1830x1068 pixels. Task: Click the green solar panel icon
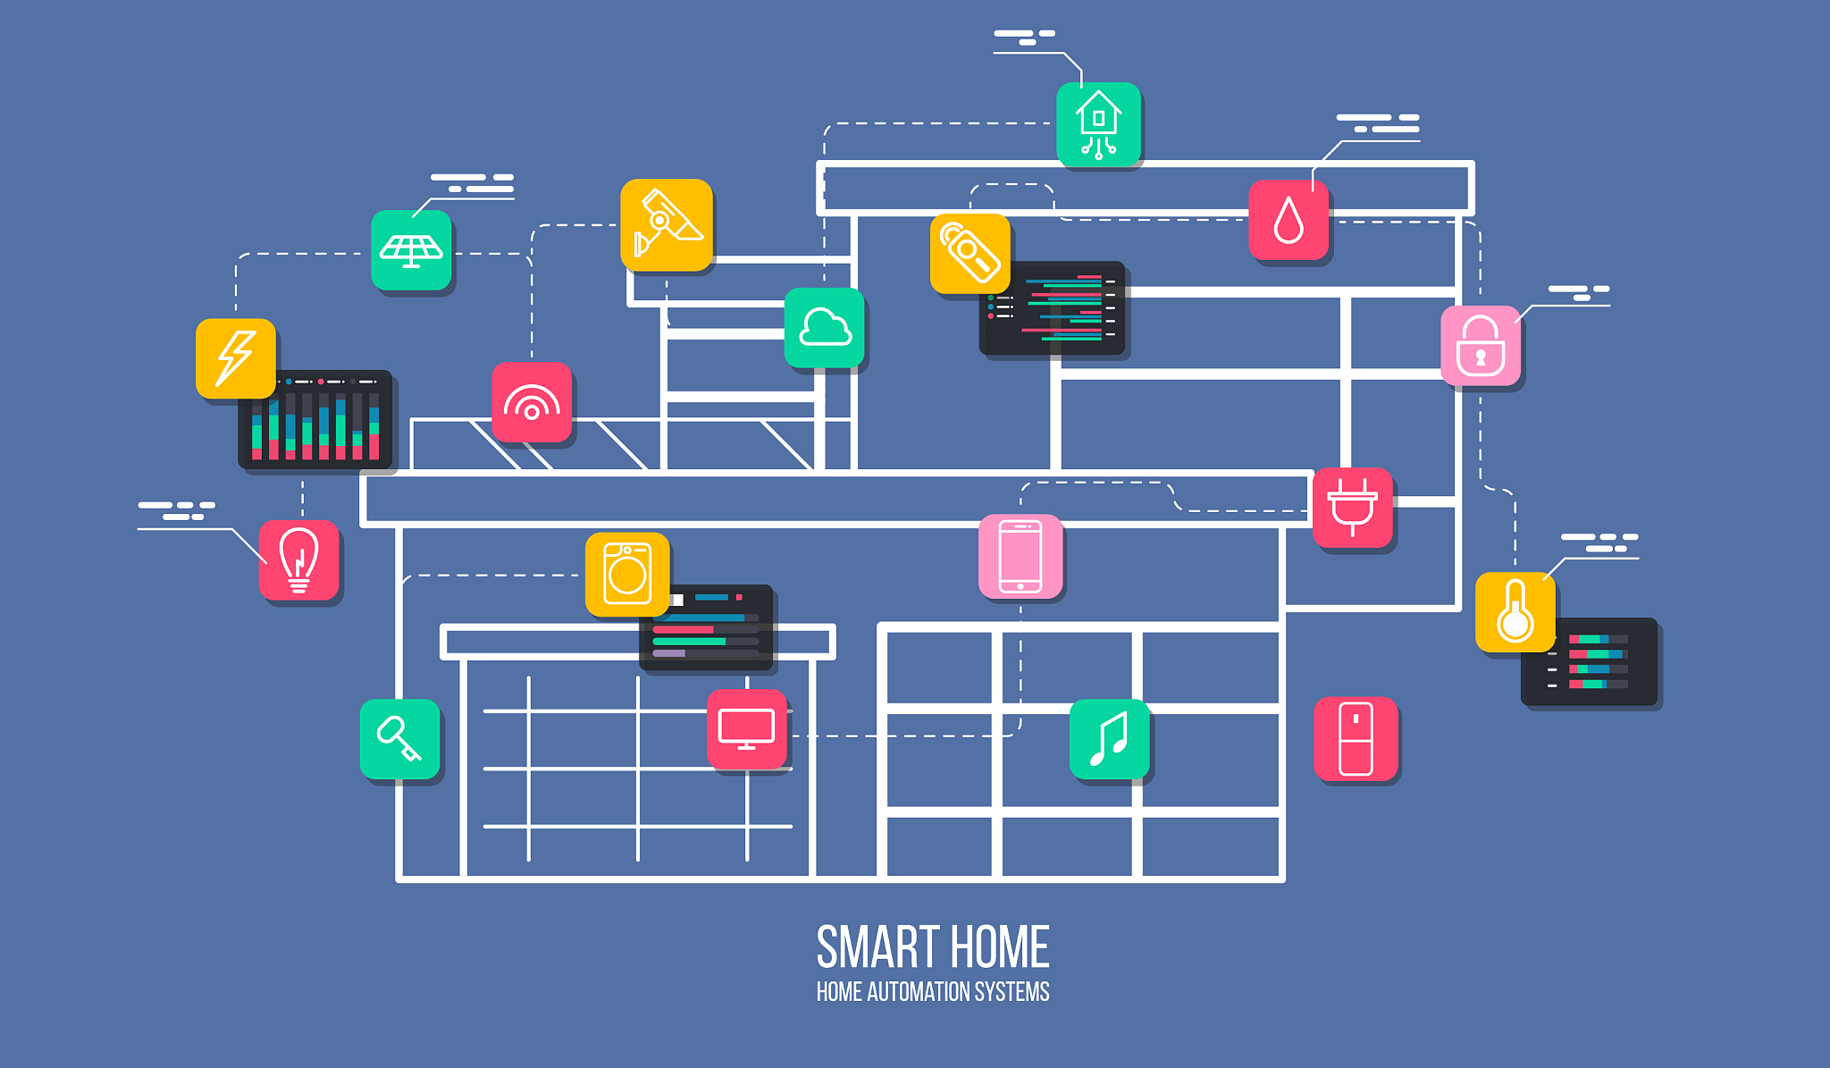pos(411,250)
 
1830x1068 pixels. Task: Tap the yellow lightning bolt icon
pos(236,358)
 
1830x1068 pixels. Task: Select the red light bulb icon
pos(299,560)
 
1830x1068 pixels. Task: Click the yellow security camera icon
pos(667,224)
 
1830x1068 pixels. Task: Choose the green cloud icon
pos(825,328)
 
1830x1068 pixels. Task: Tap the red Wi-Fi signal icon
pos(532,402)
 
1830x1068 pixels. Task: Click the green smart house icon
pos(1099,124)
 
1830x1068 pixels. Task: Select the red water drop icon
pos(1289,220)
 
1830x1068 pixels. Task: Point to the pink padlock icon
pos(1481,346)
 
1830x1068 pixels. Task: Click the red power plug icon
pos(1353,508)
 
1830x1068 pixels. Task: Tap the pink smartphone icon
pos(1020,556)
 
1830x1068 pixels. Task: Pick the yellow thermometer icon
pos(1515,612)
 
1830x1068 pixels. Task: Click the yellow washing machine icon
pos(627,575)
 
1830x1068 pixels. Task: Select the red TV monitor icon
pos(747,729)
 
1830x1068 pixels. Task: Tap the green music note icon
pos(1110,739)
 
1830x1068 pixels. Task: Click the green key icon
pos(400,739)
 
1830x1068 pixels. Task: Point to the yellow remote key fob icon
pos(970,254)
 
